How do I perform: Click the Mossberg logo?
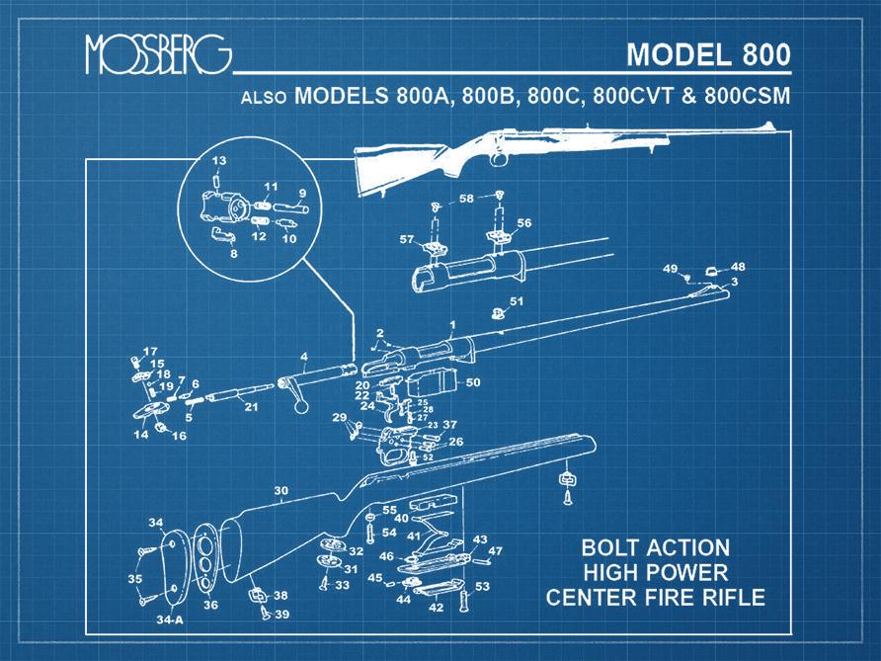click(x=158, y=56)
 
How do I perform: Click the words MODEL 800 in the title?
click(x=708, y=53)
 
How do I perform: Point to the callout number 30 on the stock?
click(x=280, y=490)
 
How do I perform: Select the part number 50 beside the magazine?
click(x=473, y=381)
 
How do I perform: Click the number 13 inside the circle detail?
click(x=219, y=160)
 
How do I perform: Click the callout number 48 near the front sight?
click(x=738, y=267)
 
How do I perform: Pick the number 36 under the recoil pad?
click(x=210, y=605)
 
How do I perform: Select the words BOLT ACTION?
click(x=655, y=547)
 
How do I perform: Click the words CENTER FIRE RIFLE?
click(x=655, y=597)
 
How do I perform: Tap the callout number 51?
click(x=516, y=300)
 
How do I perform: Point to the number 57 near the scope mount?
click(x=406, y=239)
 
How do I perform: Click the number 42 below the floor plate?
click(x=436, y=608)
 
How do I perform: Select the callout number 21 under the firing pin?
click(x=251, y=406)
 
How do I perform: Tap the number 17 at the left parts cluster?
click(x=150, y=352)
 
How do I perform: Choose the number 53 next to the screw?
click(x=482, y=587)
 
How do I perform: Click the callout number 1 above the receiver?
click(x=452, y=324)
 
